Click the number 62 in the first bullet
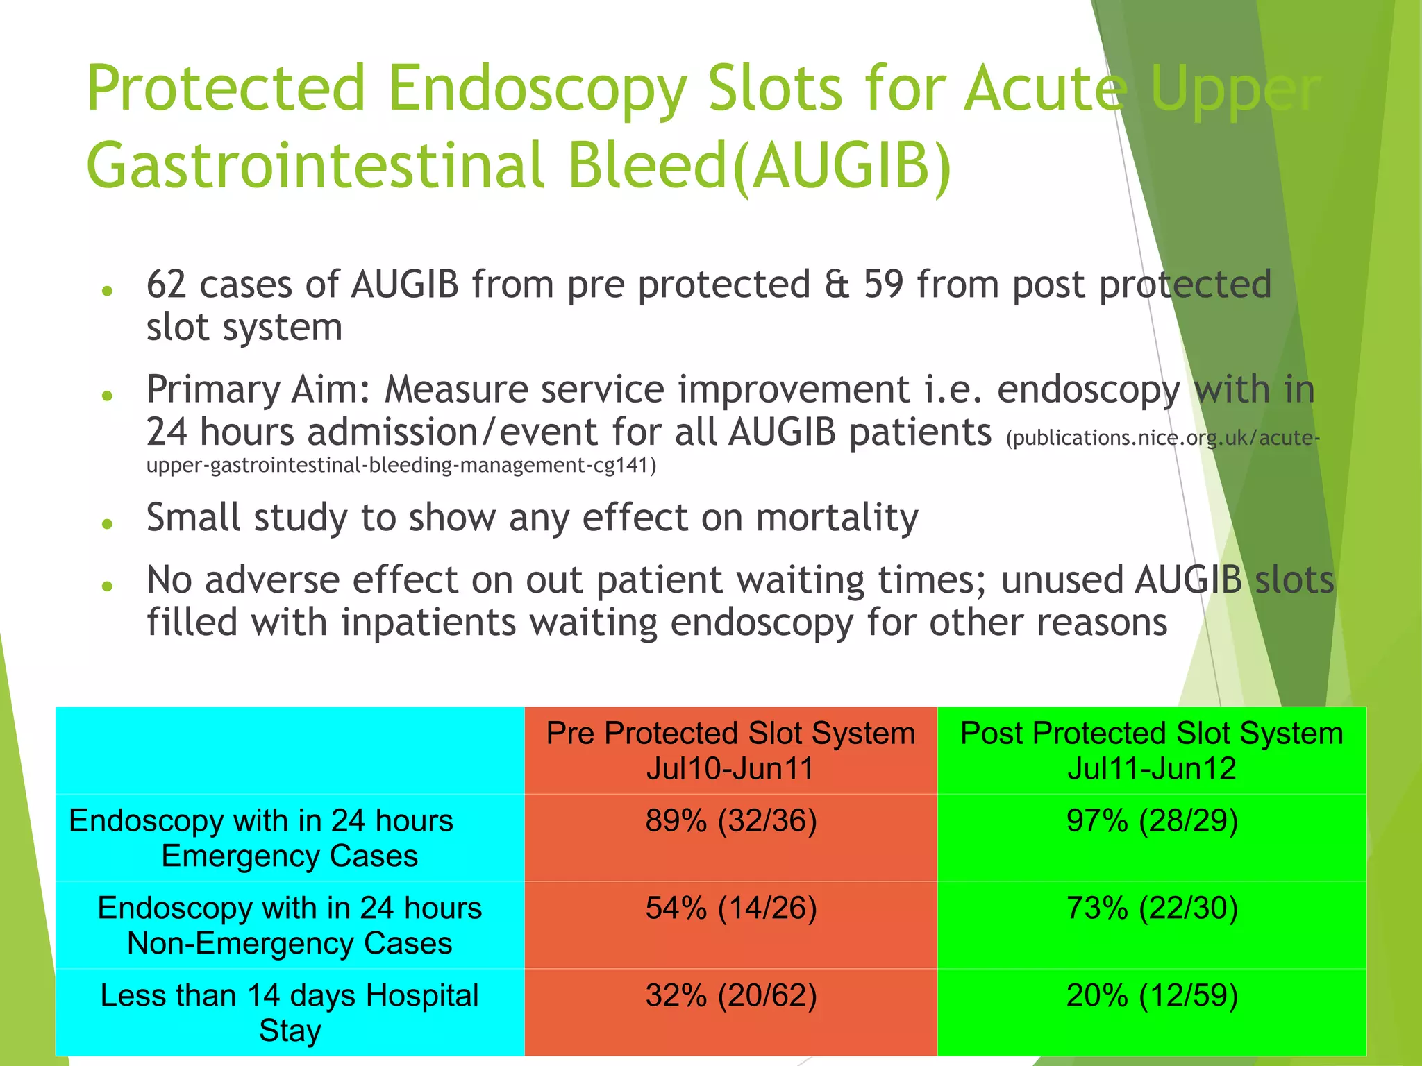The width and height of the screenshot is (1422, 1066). tap(166, 285)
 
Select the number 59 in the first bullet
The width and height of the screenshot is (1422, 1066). tap(883, 285)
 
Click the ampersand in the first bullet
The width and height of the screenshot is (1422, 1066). tap(837, 285)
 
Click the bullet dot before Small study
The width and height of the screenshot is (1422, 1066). tap(107, 524)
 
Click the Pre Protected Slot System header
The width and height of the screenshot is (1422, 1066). tap(730, 750)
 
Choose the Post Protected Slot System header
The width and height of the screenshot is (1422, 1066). tap(1151, 750)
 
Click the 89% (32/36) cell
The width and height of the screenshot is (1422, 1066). tap(730, 821)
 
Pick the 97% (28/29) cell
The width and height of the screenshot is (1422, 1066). tap(1151, 821)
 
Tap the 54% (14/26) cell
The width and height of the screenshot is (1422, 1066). tap(730, 908)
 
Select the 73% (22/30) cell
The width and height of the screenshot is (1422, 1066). tap(1151, 908)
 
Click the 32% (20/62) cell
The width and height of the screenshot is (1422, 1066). tap(730, 996)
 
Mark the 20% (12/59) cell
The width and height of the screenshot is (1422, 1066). tap(1151, 996)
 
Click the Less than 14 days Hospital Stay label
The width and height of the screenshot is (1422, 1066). tap(290, 1013)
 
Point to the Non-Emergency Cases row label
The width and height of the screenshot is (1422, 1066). tap(290, 926)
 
